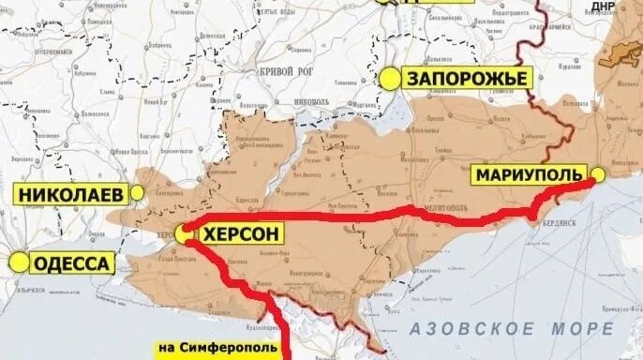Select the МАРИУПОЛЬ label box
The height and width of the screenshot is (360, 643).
[x=529, y=174]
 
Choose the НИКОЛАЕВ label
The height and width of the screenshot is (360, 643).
[x=70, y=195]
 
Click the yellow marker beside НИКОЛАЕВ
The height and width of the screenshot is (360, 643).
[x=138, y=192]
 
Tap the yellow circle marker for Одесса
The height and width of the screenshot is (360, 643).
[x=18, y=262]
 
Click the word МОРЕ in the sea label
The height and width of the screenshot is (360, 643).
[x=585, y=329]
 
